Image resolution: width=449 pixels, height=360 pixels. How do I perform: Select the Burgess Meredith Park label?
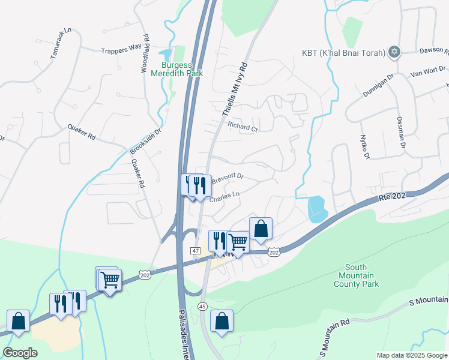tap(181, 69)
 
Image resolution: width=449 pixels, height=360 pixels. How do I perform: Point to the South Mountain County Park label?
tap(362, 275)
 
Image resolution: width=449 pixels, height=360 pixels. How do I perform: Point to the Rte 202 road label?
tap(394, 196)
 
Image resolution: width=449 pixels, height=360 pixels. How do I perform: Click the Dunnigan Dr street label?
tap(378, 86)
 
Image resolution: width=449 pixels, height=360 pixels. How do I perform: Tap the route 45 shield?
tap(202, 307)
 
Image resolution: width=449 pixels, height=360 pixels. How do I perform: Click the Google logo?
tap(20, 353)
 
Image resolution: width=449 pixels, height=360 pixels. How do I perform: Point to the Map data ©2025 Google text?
tap(412, 355)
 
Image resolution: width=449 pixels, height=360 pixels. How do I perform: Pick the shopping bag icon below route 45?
tap(221, 320)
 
